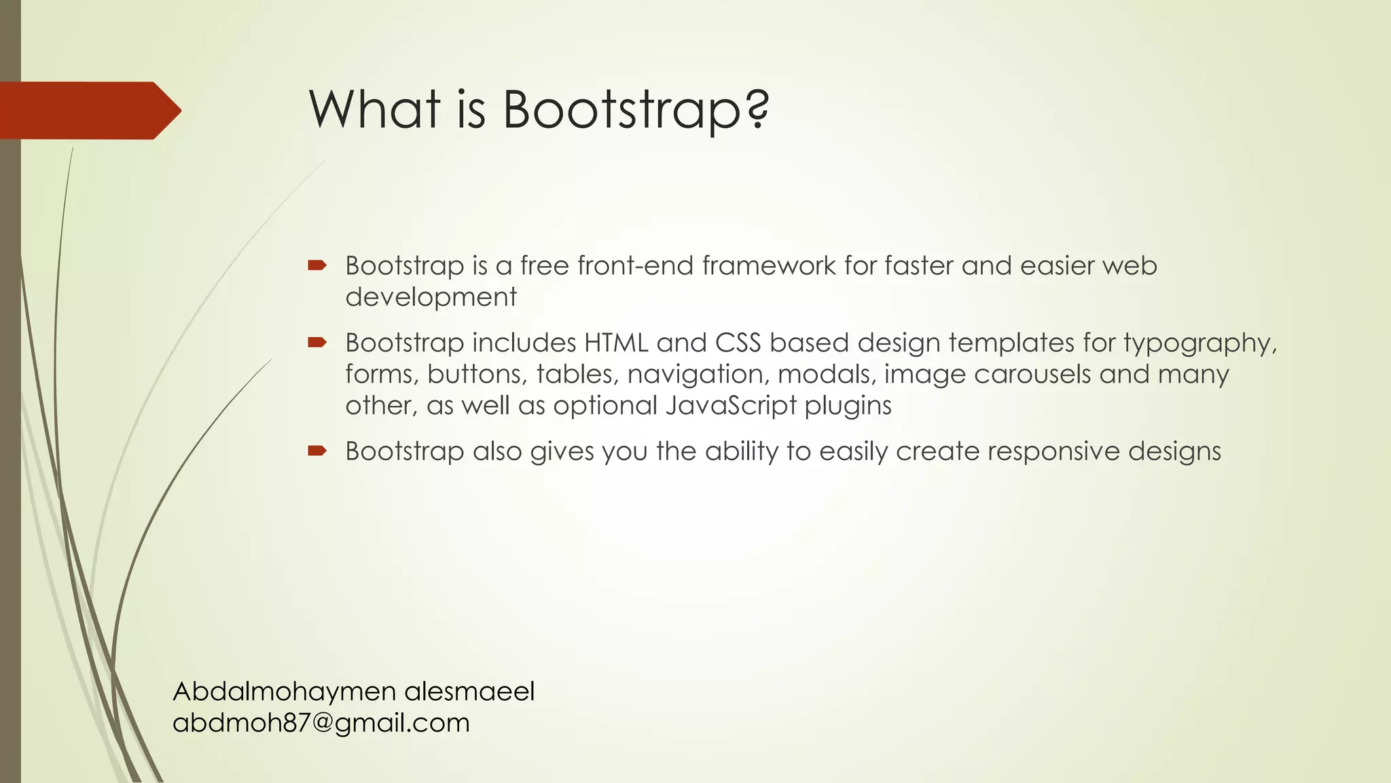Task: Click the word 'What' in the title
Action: (x=374, y=109)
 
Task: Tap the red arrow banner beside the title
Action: (x=88, y=111)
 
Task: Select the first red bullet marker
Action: (x=317, y=266)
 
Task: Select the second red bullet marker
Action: (x=317, y=343)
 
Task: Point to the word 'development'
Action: (x=431, y=298)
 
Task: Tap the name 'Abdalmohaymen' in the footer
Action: (x=285, y=692)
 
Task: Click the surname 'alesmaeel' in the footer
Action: (x=469, y=692)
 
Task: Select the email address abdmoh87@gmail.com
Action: (x=321, y=723)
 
